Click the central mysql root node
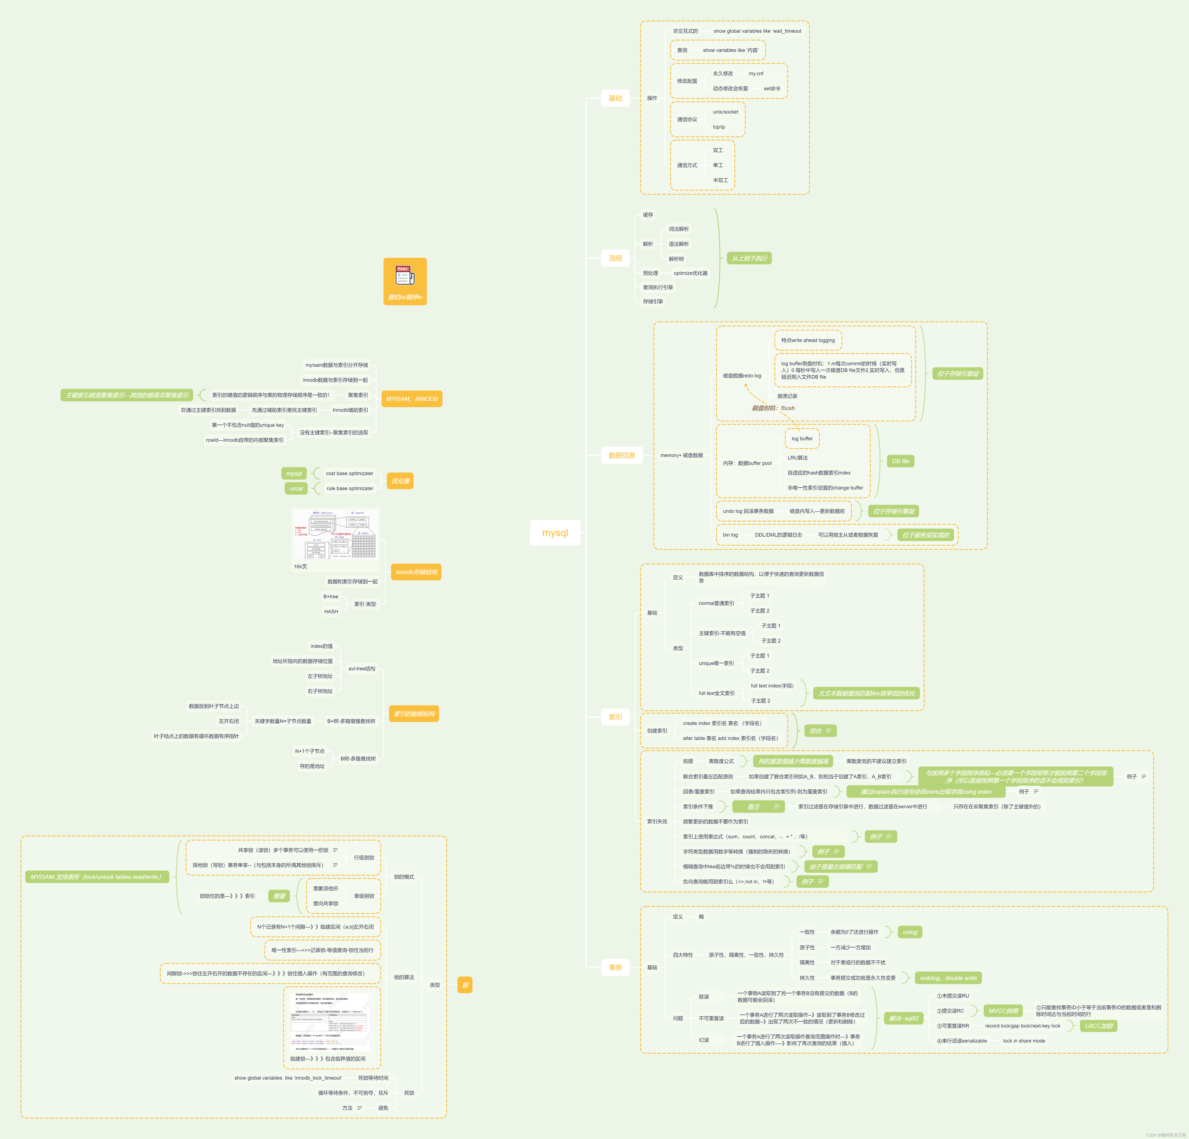[555, 532]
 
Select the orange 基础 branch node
[615, 98]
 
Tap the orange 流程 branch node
[615, 258]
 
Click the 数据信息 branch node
[622, 455]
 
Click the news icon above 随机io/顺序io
[405, 276]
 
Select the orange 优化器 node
[400, 481]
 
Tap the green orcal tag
[296, 488]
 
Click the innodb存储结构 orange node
[416, 572]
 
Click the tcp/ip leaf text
[719, 127]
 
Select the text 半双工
[720, 180]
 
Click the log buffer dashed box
[802, 438]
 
